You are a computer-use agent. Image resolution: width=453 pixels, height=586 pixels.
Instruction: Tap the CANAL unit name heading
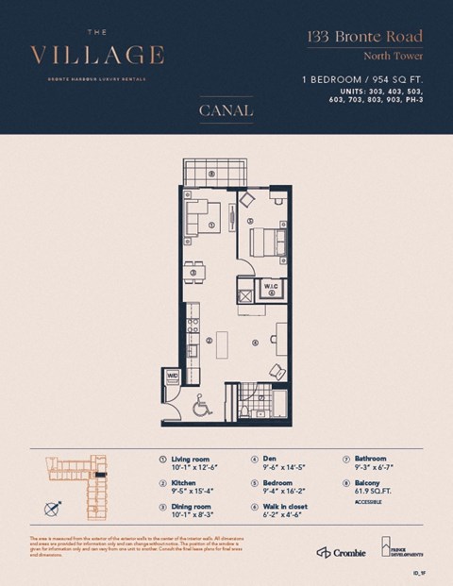click(x=226, y=110)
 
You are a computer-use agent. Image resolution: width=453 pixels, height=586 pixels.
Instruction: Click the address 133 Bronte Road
click(x=363, y=38)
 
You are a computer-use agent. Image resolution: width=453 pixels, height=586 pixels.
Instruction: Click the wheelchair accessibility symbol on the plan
click(x=200, y=408)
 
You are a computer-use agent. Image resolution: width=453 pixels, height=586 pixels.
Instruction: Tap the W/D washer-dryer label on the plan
click(x=173, y=377)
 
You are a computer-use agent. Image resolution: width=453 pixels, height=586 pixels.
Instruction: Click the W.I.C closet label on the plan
click(x=269, y=284)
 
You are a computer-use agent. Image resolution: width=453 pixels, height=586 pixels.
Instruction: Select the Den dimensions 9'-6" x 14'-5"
click(x=282, y=466)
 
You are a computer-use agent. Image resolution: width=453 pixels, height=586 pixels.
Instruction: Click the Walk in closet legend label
click(x=287, y=506)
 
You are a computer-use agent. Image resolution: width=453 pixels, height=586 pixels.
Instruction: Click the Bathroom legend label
click(x=371, y=459)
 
